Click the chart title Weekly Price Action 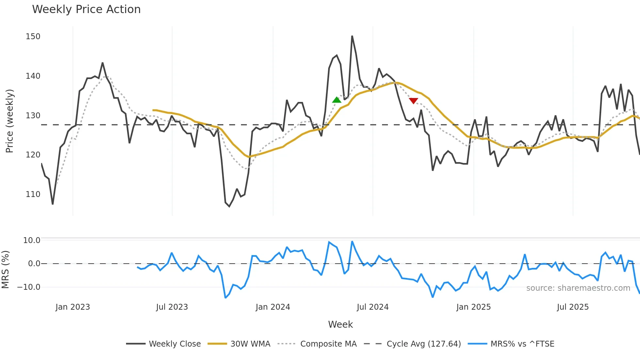pos(86,9)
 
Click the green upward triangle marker pos(337,100)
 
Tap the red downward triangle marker pos(413,101)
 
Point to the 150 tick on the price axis pos(33,37)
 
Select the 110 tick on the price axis pos(33,194)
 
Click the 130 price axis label pos(33,116)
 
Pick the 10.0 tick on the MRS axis pos(32,240)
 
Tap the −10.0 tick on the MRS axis pos(29,287)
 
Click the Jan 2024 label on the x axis pos(273,307)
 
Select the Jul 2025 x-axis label pos(573,307)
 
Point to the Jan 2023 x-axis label pos(72,307)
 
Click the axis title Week pos(340,324)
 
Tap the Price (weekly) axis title pos(9,121)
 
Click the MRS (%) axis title pos(5,270)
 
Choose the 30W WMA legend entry pos(250,344)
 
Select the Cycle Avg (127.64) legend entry pos(424,344)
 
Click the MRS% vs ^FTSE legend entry pos(522,344)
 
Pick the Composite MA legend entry pos(328,344)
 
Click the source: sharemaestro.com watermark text pos(578,288)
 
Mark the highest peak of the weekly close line pos(352,36)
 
